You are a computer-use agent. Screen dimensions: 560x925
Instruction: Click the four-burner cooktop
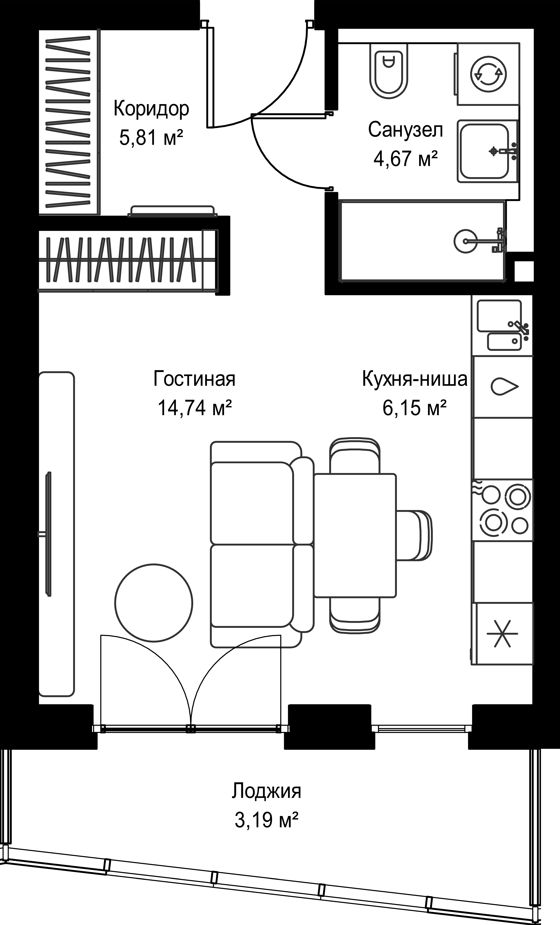[502, 510]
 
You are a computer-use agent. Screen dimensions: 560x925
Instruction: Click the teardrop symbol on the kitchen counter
[504, 386]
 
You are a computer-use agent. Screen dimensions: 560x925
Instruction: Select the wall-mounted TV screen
[48, 534]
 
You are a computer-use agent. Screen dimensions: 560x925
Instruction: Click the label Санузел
[406, 130]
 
